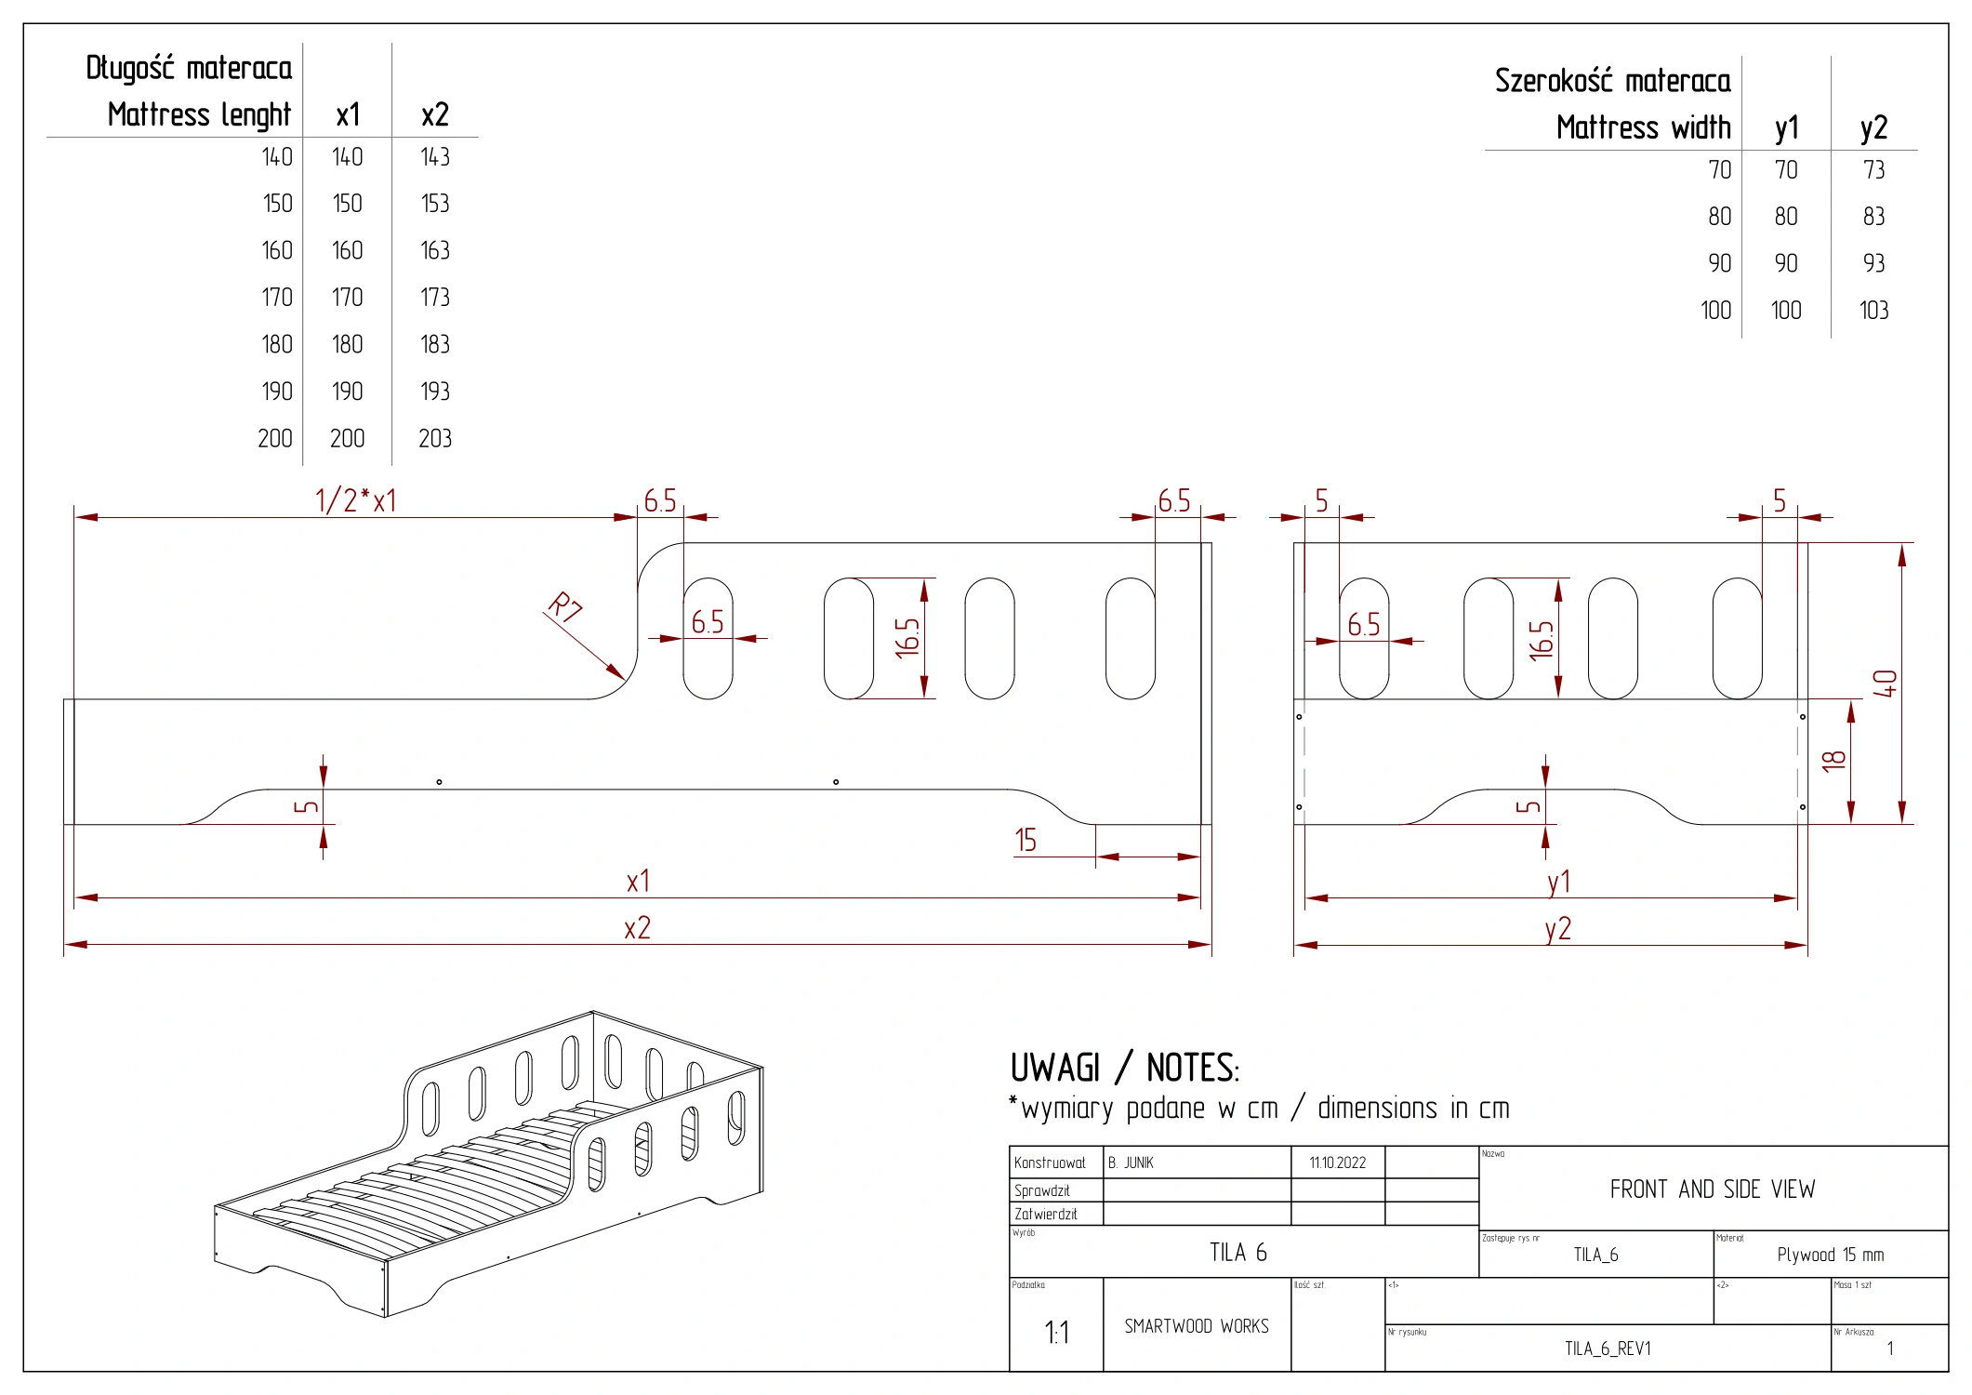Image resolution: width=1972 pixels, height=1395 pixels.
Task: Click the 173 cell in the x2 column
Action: (x=434, y=298)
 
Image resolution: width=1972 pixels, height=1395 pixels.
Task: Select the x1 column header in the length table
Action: (x=348, y=115)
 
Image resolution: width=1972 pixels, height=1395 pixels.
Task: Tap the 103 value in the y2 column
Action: (x=1873, y=311)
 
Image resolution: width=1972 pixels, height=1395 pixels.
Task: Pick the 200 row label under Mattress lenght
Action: (x=274, y=438)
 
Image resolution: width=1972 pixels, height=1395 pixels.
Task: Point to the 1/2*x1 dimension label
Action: (x=355, y=500)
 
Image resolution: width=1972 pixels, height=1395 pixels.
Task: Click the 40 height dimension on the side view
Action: (x=1885, y=684)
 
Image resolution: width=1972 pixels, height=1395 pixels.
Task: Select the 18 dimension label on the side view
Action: (x=1833, y=760)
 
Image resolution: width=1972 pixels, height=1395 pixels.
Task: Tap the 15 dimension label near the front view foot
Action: (x=1025, y=841)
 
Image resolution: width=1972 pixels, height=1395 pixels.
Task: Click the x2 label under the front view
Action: (x=637, y=928)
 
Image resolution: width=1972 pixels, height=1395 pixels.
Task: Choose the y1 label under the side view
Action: (x=1558, y=882)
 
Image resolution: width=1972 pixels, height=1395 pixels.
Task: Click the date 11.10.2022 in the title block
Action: (x=1337, y=1162)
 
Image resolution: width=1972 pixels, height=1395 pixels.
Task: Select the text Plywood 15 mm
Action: (x=1830, y=1255)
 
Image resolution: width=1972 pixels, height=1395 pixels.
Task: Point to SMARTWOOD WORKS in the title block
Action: (x=1196, y=1326)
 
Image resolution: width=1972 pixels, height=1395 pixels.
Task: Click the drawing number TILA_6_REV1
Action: (x=1608, y=1348)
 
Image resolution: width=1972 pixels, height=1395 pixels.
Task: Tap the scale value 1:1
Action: (x=1056, y=1333)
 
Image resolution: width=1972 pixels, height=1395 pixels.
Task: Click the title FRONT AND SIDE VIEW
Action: (x=1712, y=1189)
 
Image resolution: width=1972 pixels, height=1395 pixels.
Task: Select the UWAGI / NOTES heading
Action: (x=1124, y=1069)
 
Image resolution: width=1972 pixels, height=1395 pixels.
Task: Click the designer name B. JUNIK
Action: (x=1131, y=1162)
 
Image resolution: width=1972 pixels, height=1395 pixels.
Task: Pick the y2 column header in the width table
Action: (x=1873, y=128)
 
